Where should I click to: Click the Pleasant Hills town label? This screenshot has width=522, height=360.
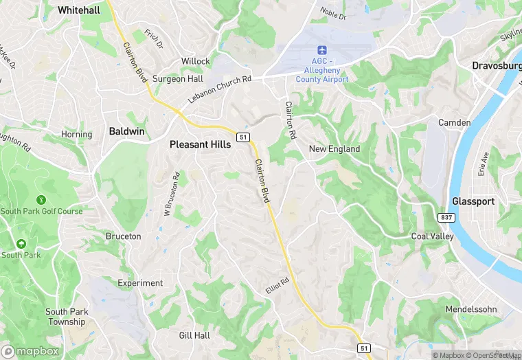pyautogui.click(x=201, y=145)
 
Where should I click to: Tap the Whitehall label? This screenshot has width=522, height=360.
pyautogui.click(x=79, y=10)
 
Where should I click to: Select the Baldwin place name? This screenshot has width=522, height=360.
pyautogui.click(x=127, y=131)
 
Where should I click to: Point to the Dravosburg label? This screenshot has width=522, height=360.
pyautogui.click(x=496, y=66)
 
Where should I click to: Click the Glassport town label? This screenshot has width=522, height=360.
pyautogui.click(x=473, y=201)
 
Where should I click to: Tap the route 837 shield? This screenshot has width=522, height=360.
pyautogui.click(x=446, y=216)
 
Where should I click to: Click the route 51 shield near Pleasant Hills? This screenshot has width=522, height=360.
pyautogui.click(x=242, y=137)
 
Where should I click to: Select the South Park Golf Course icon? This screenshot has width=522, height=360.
pyautogui.click(x=41, y=199)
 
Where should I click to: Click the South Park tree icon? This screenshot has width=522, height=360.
pyautogui.click(x=21, y=244)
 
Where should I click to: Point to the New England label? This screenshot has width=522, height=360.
pyautogui.click(x=334, y=149)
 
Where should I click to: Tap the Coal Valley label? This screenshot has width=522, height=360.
pyautogui.click(x=432, y=236)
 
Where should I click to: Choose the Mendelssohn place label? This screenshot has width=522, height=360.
pyautogui.click(x=471, y=309)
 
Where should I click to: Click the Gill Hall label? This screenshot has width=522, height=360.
pyautogui.click(x=194, y=335)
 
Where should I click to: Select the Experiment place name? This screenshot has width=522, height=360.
pyautogui.click(x=140, y=283)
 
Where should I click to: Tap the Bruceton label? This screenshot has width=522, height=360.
pyautogui.click(x=123, y=236)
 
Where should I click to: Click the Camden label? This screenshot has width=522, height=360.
pyautogui.click(x=455, y=123)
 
